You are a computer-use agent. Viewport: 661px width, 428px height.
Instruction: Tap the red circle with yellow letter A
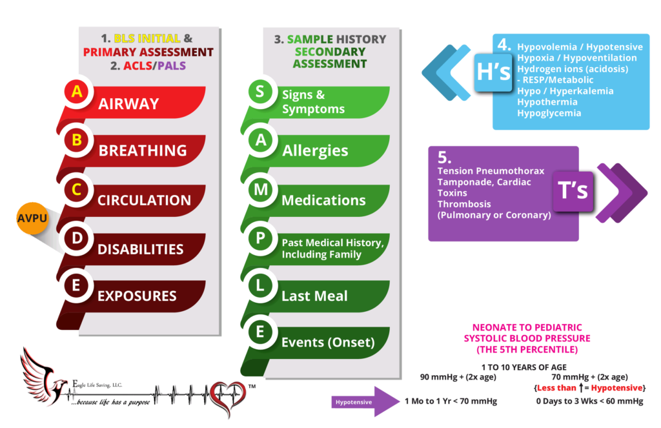coord(77,92)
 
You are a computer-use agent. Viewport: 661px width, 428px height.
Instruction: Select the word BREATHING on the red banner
coord(143,150)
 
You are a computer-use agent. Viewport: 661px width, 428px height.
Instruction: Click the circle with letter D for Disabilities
coord(77,238)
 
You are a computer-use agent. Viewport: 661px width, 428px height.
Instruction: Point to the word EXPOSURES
coord(137,296)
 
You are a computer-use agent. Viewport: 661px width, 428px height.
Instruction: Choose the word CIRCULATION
coord(144,200)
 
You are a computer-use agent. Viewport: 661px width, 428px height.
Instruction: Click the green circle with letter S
coord(259,92)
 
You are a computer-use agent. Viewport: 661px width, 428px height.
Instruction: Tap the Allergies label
coord(315,150)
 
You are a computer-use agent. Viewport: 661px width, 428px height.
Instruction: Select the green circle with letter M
coord(259,190)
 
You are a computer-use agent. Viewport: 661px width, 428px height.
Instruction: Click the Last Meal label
coord(314,296)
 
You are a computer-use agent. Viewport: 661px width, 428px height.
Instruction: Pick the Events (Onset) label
coord(328,342)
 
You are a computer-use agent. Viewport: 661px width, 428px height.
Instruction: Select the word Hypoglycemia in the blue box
coord(549,113)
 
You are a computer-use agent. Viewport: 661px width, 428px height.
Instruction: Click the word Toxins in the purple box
coord(452,193)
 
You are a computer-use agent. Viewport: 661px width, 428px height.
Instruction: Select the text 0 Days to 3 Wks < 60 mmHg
coord(589,401)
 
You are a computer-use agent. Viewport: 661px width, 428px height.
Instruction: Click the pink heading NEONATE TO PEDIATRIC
coord(527,327)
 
